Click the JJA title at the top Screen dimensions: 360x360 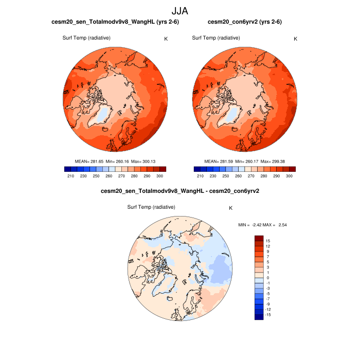(x=180, y=10)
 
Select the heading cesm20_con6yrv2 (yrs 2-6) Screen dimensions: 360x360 (x=244, y=22)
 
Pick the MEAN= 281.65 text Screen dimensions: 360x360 (x=88, y=161)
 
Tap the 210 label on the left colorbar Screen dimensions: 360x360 (x=71, y=176)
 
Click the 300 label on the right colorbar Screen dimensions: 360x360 (x=290, y=176)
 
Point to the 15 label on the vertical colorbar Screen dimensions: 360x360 (x=267, y=241)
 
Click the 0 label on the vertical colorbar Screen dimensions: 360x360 (x=267, y=278)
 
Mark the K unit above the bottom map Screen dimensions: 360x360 (x=231, y=208)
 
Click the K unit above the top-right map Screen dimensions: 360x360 (x=295, y=39)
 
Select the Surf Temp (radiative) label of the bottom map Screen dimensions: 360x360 (x=151, y=207)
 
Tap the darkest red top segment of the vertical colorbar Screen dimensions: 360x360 (x=259, y=239)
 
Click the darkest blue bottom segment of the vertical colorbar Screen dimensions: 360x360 (x=259, y=317)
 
